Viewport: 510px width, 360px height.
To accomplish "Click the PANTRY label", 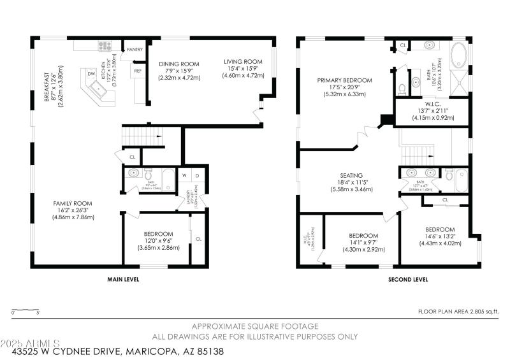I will coord(135,49).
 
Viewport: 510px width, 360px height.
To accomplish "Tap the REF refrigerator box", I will coord(137,71).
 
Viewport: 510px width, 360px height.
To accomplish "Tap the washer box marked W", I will coord(184,175).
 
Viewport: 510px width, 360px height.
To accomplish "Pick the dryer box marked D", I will coord(197,175).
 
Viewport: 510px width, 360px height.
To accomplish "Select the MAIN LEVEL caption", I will coord(123,279).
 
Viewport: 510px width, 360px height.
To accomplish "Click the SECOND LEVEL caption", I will coord(408,279).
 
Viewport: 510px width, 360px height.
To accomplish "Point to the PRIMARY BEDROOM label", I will coord(344,80).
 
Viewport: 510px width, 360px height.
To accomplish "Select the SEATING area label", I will coord(351,175).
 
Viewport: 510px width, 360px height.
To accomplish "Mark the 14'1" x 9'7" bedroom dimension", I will coord(363,242).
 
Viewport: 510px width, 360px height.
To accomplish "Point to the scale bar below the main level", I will coord(25,311).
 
